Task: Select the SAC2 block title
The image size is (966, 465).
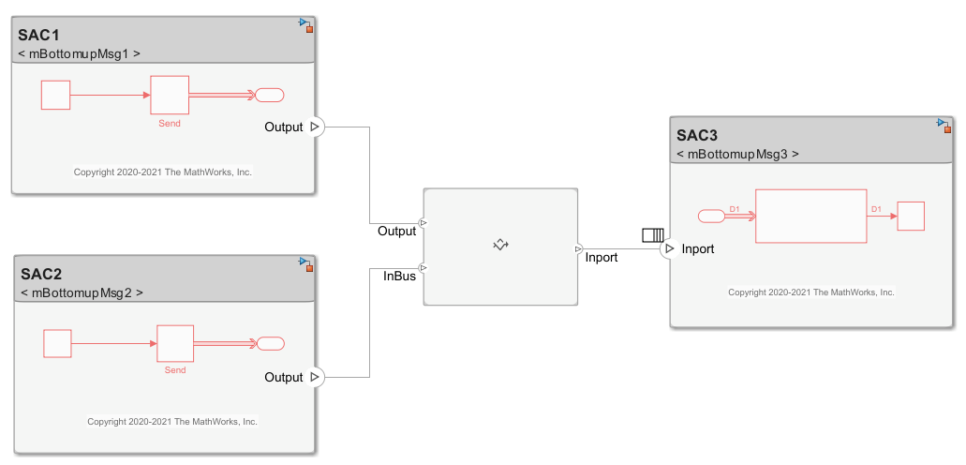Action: (x=40, y=274)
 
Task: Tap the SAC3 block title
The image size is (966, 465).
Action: (x=697, y=135)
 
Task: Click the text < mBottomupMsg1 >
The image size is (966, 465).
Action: (x=80, y=53)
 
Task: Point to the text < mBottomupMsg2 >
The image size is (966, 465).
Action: (x=82, y=292)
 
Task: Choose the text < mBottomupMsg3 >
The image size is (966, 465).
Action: (x=737, y=154)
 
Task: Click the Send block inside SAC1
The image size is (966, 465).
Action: (x=170, y=95)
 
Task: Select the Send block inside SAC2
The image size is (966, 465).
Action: (x=175, y=343)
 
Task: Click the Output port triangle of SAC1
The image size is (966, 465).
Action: (x=315, y=127)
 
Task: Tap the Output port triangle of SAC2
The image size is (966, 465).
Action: (x=315, y=377)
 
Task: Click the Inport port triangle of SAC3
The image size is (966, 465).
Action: (x=668, y=248)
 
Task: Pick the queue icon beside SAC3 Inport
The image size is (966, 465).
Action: (x=652, y=234)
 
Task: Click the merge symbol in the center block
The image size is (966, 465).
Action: (x=500, y=245)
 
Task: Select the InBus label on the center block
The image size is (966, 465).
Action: (x=399, y=276)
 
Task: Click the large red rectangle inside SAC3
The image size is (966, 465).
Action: (x=810, y=217)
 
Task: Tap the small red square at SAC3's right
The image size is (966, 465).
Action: (x=911, y=216)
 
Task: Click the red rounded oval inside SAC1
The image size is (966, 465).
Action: (x=270, y=95)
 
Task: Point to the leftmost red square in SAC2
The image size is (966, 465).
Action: (x=57, y=343)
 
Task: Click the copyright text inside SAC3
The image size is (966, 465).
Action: (x=810, y=292)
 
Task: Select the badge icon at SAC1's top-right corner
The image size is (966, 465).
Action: (x=305, y=24)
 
